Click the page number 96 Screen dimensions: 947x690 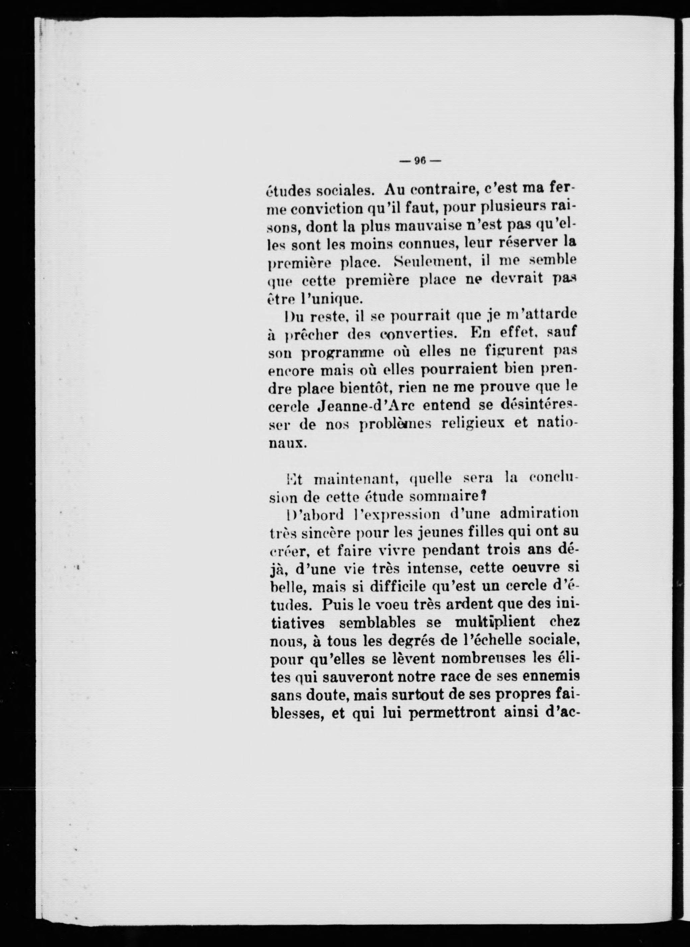419,161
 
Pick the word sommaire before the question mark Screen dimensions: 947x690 445,497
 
